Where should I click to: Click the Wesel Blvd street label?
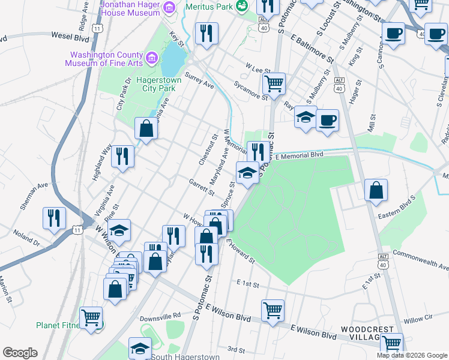coord(70,35)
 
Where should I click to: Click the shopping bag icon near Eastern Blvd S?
coord(376,190)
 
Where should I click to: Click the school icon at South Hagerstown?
coord(140,347)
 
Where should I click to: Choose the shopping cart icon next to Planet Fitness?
coord(91,317)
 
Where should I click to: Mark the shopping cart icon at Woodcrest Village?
coord(391,344)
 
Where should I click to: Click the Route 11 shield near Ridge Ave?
coord(98,28)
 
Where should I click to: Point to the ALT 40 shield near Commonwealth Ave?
coord(382,264)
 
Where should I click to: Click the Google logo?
coord(20,353)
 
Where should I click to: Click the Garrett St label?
coord(202,187)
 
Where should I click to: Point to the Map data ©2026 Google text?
coord(411,355)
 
